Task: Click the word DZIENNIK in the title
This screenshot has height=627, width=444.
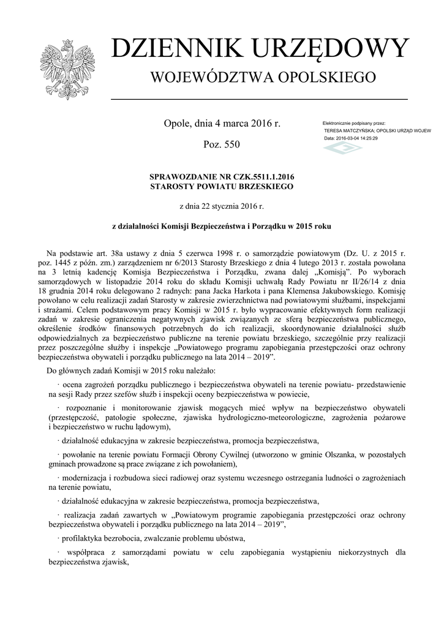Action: (167, 48)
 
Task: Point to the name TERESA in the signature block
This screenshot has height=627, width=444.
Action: (336, 131)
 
